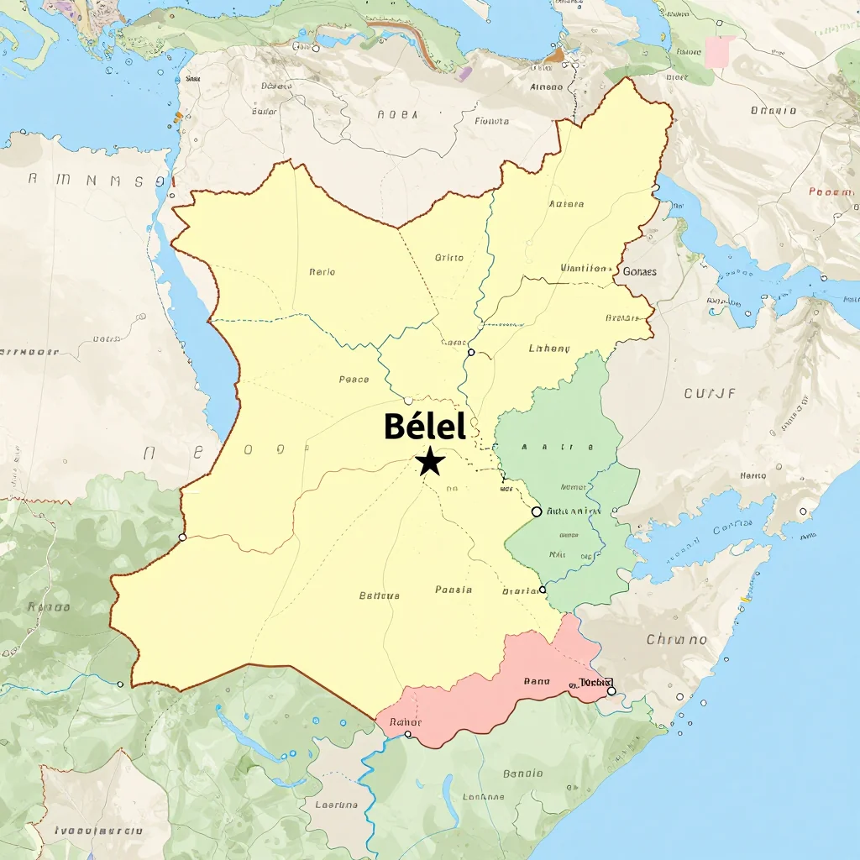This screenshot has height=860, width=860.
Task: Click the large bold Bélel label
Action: pyautogui.click(x=424, y=427)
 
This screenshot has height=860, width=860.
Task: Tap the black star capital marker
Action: pyautogui.click(x=430, y=461)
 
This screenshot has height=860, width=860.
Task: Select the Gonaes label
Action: pyautogui.click(x=640, y=271)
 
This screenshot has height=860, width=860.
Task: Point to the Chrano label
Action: pyautogui.click(x=677, y=640)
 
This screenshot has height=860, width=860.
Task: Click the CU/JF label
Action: pyautogui.click(x=711, y=392)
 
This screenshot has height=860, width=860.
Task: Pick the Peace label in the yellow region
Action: pyautogui.click(x=354, y=380)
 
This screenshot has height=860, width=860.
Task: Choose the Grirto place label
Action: pyautogui.click(x=449, y=258)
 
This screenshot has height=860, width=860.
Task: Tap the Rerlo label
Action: pyautogui.click(x=322, y=272)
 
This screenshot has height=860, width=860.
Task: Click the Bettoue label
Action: pyautogui.click(x=380, y=595)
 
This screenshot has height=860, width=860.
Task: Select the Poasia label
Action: pyautogui.click(x=454, y=590)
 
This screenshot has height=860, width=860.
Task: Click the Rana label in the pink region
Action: pyautogui.click(x=536, y=682)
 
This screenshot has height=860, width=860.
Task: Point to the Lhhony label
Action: pyautogui.click(x=549, y=349)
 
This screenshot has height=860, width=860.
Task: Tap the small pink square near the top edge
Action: pyautogui.click(x=720, y=51)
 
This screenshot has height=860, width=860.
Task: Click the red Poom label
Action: pyautogui.click(x=830, y=191)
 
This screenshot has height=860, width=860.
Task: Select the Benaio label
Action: pyautogui.click(x=522, y=773)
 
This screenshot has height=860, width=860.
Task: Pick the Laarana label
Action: pyautogui.click(x=336, y=805)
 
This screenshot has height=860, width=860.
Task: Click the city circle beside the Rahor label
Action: pyautogui.click(x=408, y=734)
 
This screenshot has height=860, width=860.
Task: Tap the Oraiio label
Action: pyautogui.click(x=773, y=110)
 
